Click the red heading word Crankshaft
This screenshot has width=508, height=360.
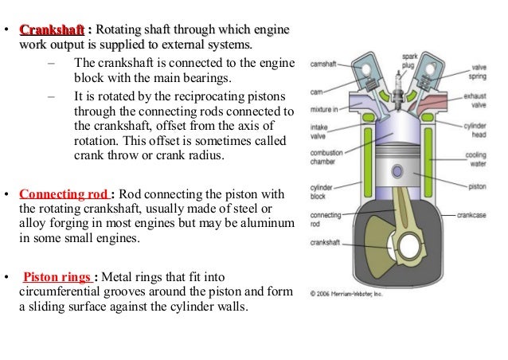point(52,29)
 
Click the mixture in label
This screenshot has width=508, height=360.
point(324,108)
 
